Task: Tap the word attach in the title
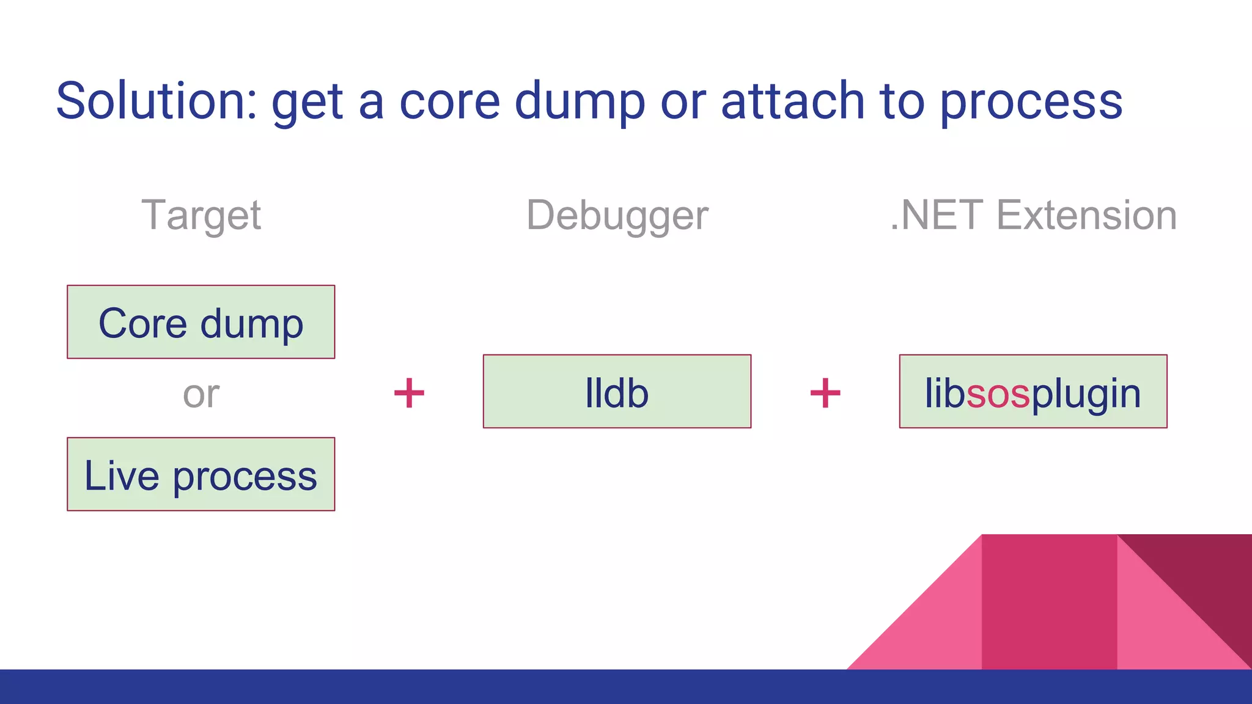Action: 792,101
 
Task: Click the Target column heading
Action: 201,216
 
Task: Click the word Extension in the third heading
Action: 1086,216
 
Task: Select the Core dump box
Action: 201,322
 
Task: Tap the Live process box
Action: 201,474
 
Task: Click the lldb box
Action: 617,392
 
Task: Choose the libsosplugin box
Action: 1033,392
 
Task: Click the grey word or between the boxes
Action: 201,395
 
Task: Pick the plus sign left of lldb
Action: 409,393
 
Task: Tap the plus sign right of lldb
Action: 825,393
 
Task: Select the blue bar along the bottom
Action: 626,687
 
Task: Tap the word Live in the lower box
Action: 122,475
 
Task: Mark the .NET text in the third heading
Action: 937,216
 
